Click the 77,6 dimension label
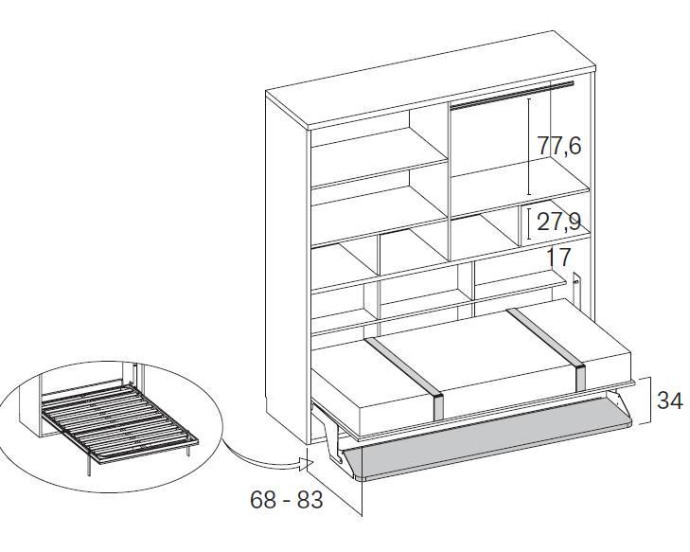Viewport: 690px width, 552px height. pyautogui.click(x=559, y=146)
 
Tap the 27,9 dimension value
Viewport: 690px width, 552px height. pyautogui.click(x=558, y=222)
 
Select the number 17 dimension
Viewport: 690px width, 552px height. pyautogui.click(x=558, y=257)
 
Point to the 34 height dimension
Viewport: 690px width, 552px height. pyautogui.click(x=669, y=401)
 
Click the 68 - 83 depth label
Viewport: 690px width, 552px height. pyautogui.click(x=287, y=500)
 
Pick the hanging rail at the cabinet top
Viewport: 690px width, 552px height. pyautogui.click(x=513, y=94)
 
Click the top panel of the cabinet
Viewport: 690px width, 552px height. pyautogui.click(x=432, y=80)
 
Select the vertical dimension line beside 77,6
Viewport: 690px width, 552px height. pyautogui.click(x=529, y=147)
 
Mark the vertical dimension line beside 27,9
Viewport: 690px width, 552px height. pyautogui.click(x=529, y=223)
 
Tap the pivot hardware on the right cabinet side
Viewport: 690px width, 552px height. pyautogui.click(x=576, y=288)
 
